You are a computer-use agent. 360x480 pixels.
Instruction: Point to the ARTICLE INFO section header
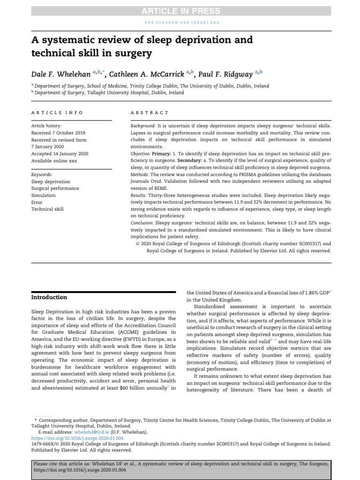click(x=57, y=112)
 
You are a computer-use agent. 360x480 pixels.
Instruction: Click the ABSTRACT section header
click(x=149, y=112)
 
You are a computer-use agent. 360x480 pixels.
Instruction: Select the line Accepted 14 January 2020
click(x=60, y=153)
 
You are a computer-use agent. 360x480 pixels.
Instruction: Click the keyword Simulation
click(x=43, y=195)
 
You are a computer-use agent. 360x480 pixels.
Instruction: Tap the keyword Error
click(x=37, y=202)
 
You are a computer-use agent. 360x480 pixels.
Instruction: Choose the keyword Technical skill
click(x=47, y=209)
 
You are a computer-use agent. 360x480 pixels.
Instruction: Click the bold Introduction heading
click(x=49, y=297)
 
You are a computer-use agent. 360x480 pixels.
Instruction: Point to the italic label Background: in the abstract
click(x=142, y=126)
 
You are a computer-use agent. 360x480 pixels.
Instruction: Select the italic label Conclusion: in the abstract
click(x=142, y=223)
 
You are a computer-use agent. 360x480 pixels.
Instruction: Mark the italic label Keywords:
click(x=41, y=174)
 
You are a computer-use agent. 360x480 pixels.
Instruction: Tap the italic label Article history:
click(x=46, y=126)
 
